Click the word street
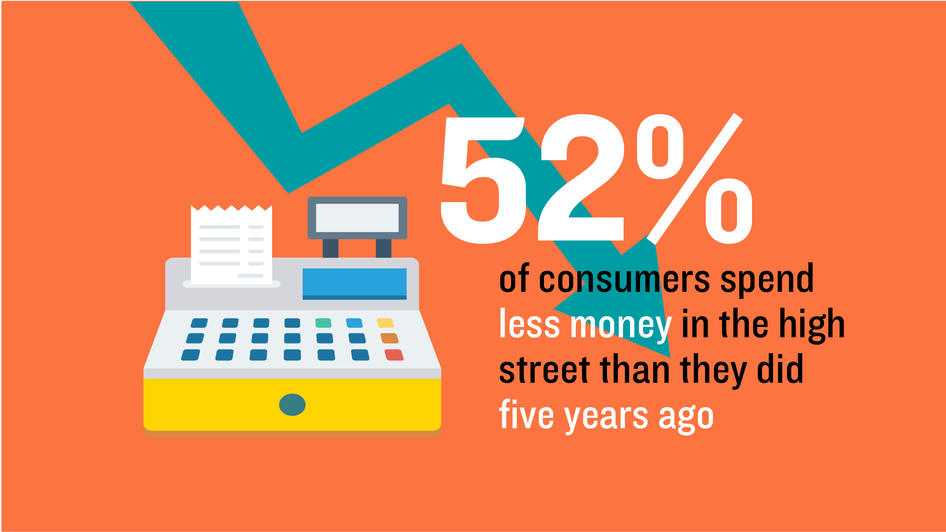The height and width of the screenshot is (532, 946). click(x=544, y=369)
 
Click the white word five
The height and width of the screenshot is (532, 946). click(x=526, y=414)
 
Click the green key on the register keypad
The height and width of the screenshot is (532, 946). click(x=323, y=323)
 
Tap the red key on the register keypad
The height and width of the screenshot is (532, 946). click(x=394, y=355)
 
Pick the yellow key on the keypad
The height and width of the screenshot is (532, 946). click(x=385, y=323)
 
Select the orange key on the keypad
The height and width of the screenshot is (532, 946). click(x=389, y=338)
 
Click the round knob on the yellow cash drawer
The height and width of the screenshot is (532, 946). click(x=292, y=405)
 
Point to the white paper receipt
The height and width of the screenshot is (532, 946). click(x=231, y=245)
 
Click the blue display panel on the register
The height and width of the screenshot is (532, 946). click(x=355, y=284)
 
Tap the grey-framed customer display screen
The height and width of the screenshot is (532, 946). click(x=357, y=218)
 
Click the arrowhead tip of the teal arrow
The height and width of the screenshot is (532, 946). click(x=670, y=357)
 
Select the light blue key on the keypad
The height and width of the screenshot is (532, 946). click(x=354, y=323)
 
